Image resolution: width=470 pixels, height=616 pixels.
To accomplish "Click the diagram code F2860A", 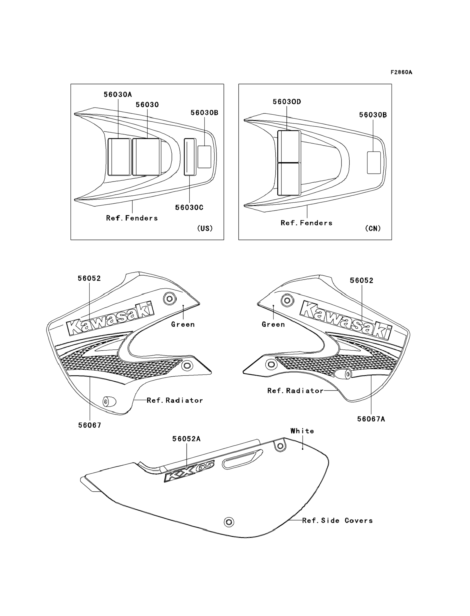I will [x=401, y=72].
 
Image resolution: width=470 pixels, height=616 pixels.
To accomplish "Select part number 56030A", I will [x=118, y=94].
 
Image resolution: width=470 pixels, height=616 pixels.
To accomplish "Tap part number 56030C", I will [x=189, y=207].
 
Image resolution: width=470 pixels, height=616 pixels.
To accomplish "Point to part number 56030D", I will [x=287, y=102].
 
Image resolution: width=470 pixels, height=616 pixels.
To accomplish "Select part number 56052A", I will [x=186, y=439].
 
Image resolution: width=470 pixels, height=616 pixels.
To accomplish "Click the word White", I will [x=302, y=431].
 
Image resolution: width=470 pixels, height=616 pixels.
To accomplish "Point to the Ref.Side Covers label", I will [x=337, y=520].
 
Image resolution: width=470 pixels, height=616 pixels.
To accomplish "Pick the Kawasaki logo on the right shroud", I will [x=346, y=321].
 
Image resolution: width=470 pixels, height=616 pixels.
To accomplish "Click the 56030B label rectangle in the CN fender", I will [x=374, y=163].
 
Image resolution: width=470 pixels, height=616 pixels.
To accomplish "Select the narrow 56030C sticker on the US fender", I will [x=189, y=157].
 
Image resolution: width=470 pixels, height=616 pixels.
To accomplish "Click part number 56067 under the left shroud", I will [x=90, y=425].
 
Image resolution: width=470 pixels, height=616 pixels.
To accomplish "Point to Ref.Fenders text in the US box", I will [x=132, y=218].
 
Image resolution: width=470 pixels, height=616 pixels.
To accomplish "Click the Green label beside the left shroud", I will [x=183, y=324].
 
